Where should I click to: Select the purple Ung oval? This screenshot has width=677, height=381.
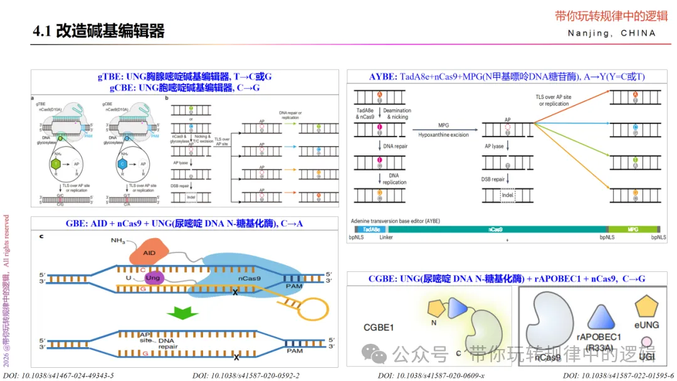click(x=152, y=278)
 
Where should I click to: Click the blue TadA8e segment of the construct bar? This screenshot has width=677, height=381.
click(x=372, y=230)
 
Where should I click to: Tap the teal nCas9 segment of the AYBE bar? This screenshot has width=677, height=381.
click(x=501, y=230)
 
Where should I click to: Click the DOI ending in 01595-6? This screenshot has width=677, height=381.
click(x=618, y=375)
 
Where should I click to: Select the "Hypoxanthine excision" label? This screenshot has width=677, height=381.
click(x=444, y=135)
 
